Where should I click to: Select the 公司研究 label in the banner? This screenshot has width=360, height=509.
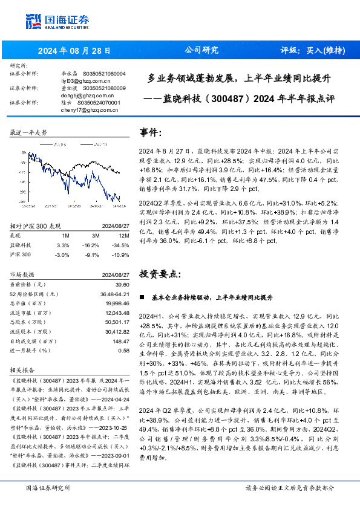(x=201, y=50)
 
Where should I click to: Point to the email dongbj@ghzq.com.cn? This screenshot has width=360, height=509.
(x=85, y=96)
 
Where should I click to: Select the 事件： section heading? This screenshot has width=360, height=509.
(x=151, y=132)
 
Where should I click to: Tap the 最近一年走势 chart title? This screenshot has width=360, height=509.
(x=28, y=132)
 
